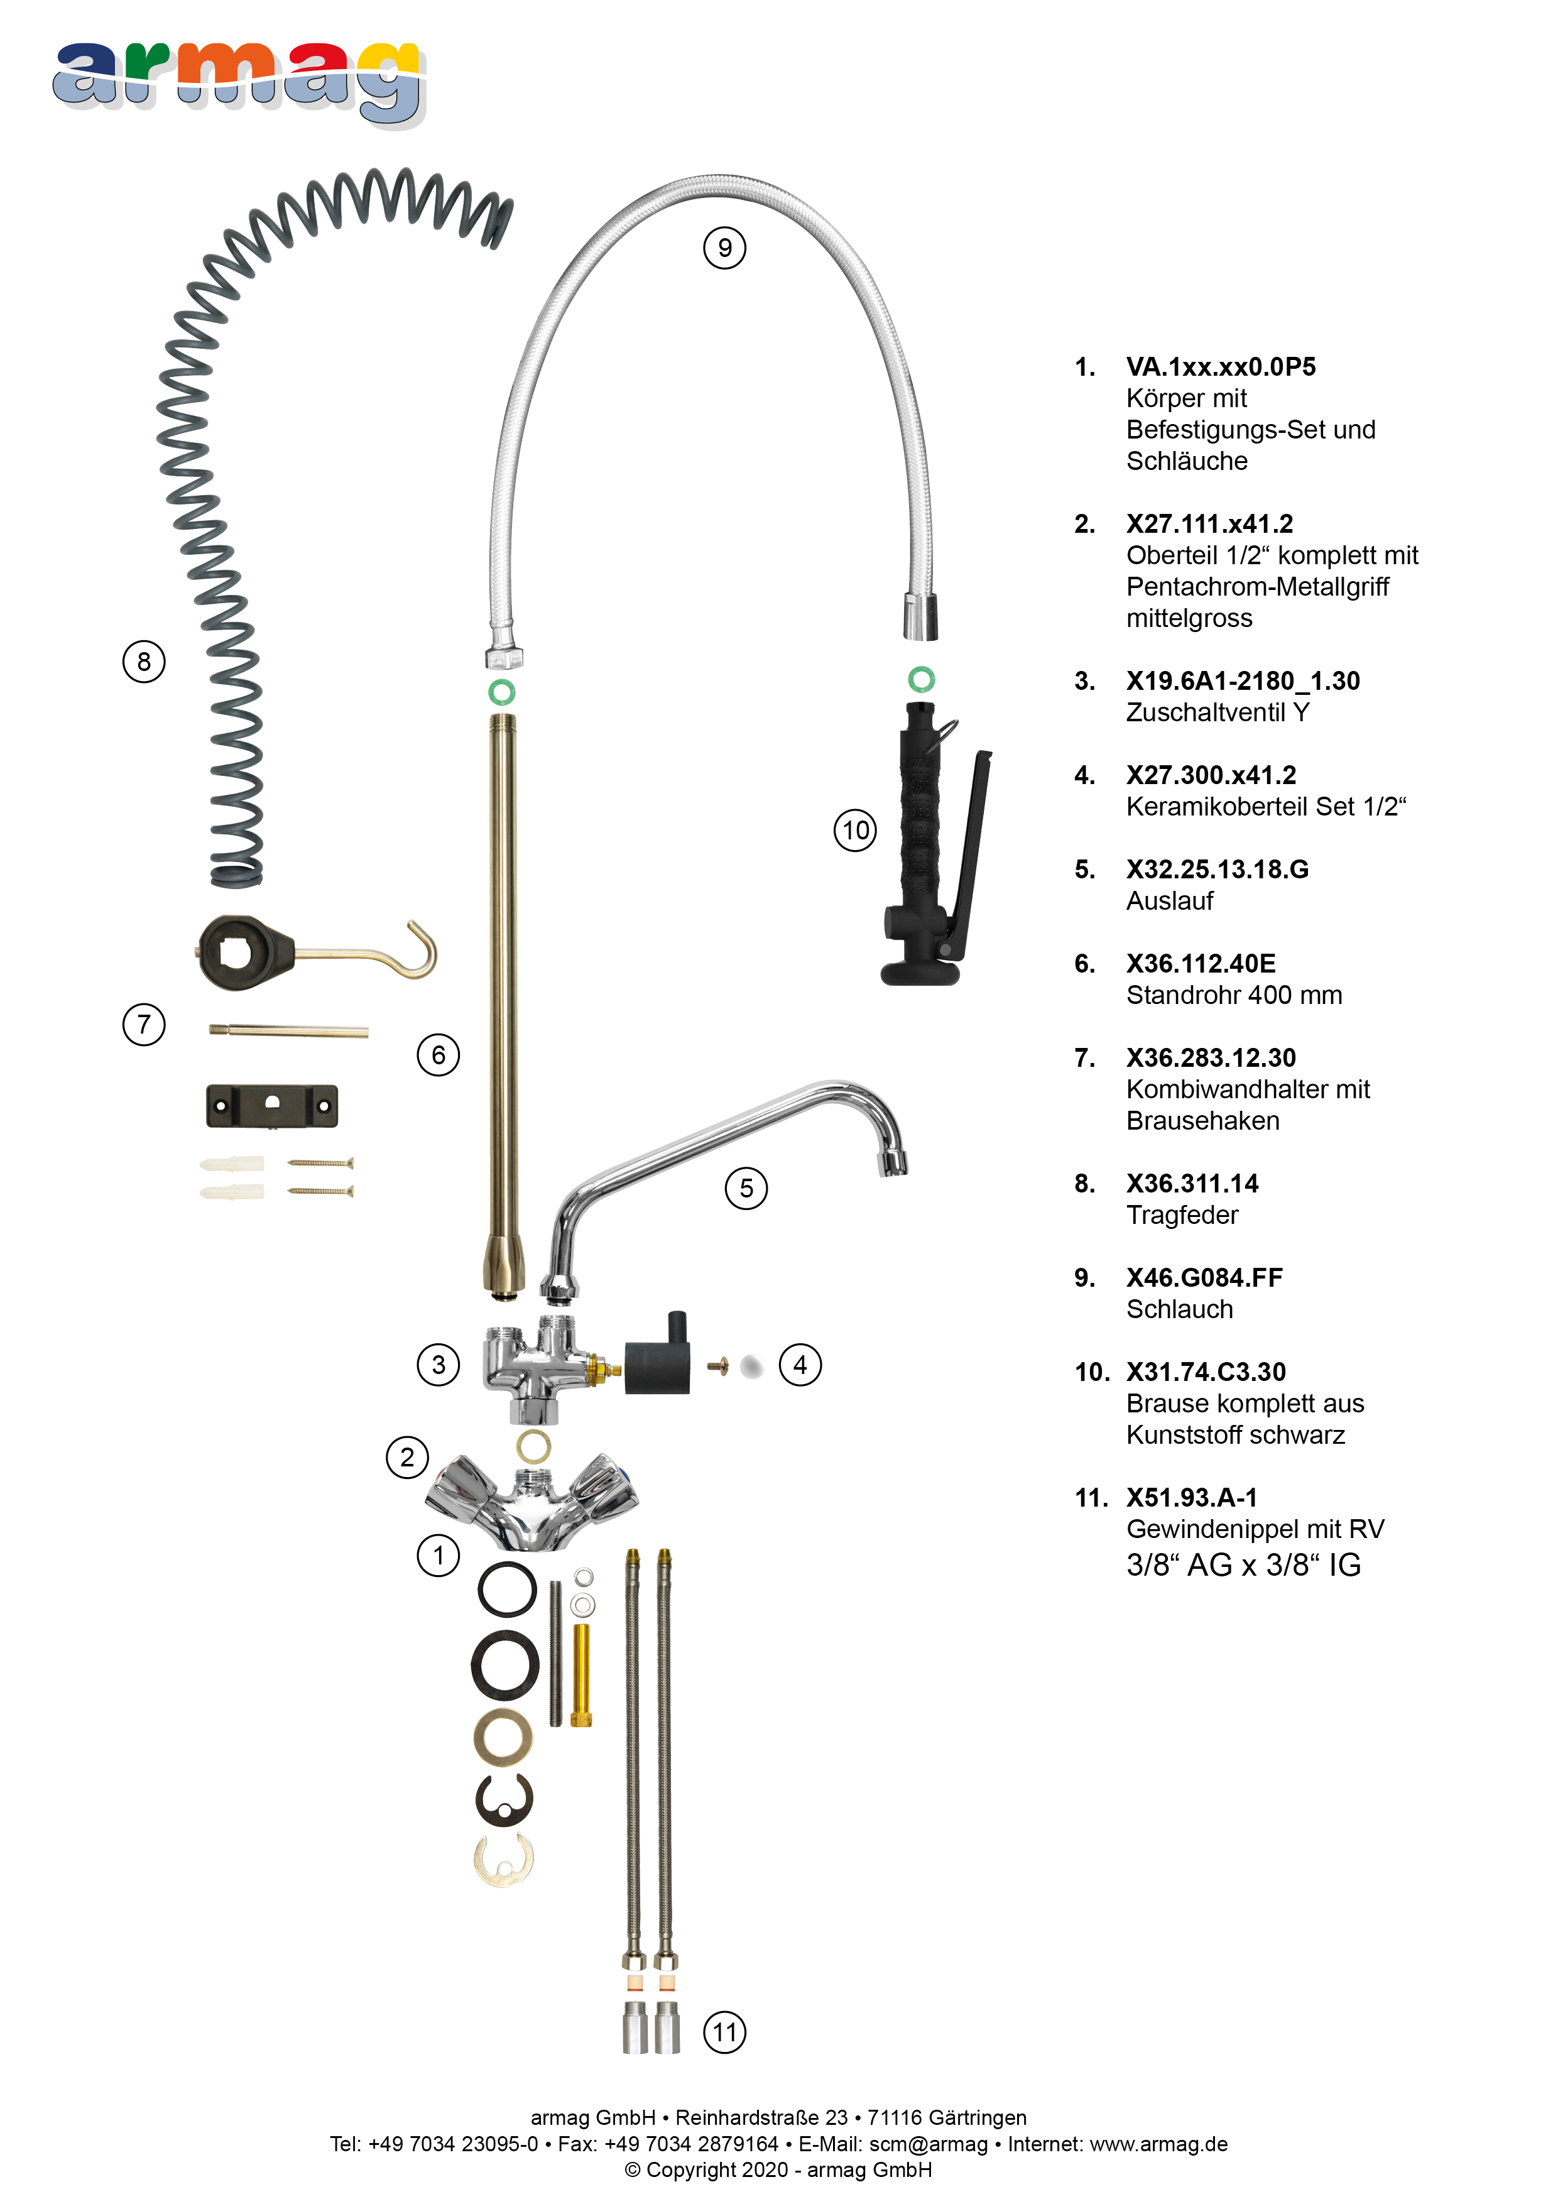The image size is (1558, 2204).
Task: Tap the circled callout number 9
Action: tap(725, 249)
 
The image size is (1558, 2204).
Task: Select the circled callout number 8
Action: tap(144, 662)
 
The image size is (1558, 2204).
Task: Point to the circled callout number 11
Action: tap(725, 2031)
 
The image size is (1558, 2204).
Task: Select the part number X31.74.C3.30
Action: tap(1206, 1372)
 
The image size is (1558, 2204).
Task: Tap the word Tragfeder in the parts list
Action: tap(1182, 1215)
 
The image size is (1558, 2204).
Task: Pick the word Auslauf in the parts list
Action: tap(1169, 902)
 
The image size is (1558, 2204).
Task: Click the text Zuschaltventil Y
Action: tap(1218, 712)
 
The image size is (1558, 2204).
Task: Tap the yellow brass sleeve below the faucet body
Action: tap(580, 1674)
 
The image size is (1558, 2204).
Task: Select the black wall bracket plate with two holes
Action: tap(271, 1106)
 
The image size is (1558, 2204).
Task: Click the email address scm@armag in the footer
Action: tap(929, 2144)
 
